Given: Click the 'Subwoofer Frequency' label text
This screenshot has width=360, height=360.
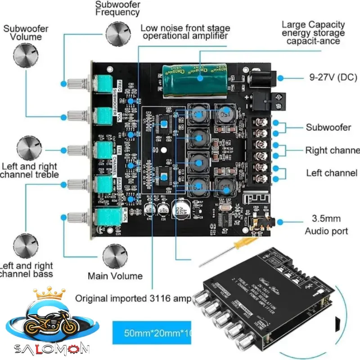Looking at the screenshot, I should point(117,8).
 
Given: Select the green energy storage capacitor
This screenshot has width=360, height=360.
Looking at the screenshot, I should point(197,80).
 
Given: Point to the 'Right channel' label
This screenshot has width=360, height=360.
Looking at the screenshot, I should point(333,150).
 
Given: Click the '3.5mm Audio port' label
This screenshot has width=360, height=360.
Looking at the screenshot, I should point(326,225).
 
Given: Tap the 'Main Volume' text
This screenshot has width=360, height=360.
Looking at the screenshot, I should point(115,276).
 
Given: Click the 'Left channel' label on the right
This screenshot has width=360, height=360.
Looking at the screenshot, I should point(332,173).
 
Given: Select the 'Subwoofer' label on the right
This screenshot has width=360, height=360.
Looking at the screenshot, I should point(328,127).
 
